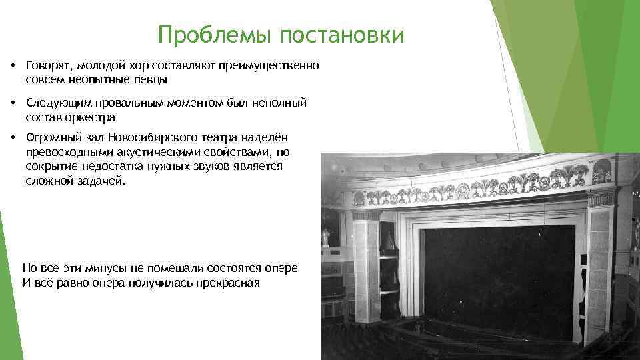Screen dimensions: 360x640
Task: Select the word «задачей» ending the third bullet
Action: pos(100,180)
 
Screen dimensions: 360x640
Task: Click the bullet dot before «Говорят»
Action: pos(13,67)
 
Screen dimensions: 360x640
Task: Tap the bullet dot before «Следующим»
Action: pos(13,103)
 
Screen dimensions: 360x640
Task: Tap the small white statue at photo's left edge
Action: pos(326,237)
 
